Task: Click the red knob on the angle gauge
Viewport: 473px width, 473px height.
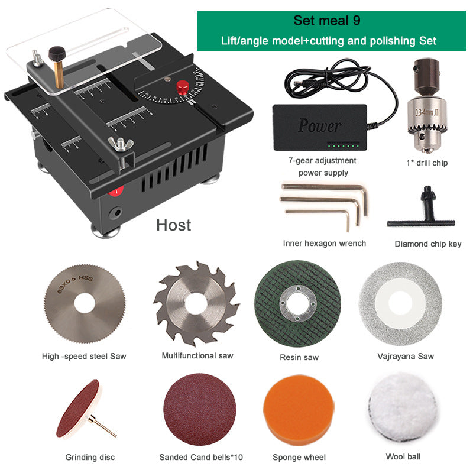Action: click(x=183, y=88)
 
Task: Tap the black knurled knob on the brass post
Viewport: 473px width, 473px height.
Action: click(x=57, y=54)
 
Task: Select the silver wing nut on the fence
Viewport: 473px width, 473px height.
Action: click(x=121, y=144)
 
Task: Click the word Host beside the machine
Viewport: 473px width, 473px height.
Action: click(x=173, y=225)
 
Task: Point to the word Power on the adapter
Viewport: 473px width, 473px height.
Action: click(x=319, y=125)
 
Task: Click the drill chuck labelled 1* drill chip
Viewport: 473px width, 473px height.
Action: click(x=426, y=106)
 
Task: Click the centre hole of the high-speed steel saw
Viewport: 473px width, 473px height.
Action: click(x=85, y=303)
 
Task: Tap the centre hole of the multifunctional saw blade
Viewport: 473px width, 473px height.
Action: click(x=196, y=304)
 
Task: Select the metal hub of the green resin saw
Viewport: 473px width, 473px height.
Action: click(x=298, y=303)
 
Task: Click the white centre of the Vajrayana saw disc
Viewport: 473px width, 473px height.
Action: click(x=400, y=303)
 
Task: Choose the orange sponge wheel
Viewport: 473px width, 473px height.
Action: click(x=299, y=410)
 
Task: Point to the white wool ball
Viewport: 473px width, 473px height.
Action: click(x=403, y=408)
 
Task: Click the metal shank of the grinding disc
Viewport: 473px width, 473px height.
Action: click(x=102, y=426)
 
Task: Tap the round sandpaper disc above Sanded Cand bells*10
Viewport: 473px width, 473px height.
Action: click(x=200, y=409)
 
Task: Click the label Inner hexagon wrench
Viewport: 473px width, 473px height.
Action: click(x=324, y=244)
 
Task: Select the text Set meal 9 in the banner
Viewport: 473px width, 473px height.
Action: click(x=327, y=21)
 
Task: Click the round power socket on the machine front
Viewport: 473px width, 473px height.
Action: click(x=115, y=213)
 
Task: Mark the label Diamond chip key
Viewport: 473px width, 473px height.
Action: click(x=427, y=244)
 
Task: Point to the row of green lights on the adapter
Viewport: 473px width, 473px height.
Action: click(x=344, y=146)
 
